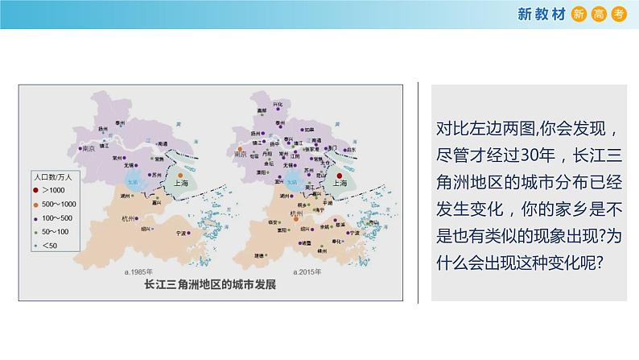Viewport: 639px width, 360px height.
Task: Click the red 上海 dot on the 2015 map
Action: click(340, 174)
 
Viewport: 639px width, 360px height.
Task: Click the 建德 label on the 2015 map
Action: click(259, 254)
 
